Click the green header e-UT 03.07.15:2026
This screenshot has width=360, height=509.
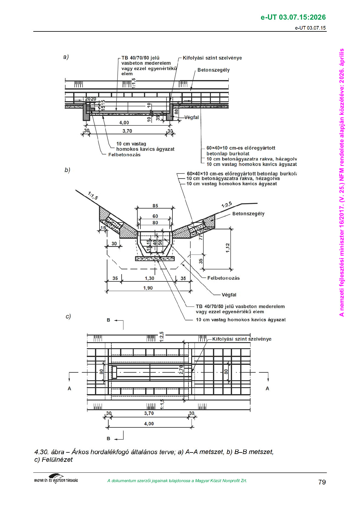coord(293,17)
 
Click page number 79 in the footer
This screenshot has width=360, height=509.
coord(322,482)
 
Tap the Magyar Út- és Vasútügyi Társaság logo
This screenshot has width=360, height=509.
coord(56,479)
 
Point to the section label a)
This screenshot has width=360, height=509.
coord(66,57)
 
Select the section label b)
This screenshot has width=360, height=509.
coord(67,170)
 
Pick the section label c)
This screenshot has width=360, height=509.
coord(68,316)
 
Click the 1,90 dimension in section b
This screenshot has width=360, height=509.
coord(148,288)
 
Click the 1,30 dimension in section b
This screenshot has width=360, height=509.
coord(149,278)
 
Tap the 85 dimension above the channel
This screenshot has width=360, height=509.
coord(155,206)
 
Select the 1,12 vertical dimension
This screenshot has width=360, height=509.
coord(227,248)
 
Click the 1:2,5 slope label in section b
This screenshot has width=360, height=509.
coord(227,205)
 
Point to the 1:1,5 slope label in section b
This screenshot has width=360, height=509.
coord(93,196)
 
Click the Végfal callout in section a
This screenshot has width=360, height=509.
coord(192,117)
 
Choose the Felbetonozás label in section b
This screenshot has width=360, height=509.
coord(223,278)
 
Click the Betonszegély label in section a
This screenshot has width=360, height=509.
coord(213,70)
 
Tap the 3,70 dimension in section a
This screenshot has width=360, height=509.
coord(127,131)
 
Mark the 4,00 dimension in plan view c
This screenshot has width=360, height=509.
coord(149,423)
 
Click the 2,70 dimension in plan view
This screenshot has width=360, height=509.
coord(181,370)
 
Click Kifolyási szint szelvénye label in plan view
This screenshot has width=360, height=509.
coord(242,339)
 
